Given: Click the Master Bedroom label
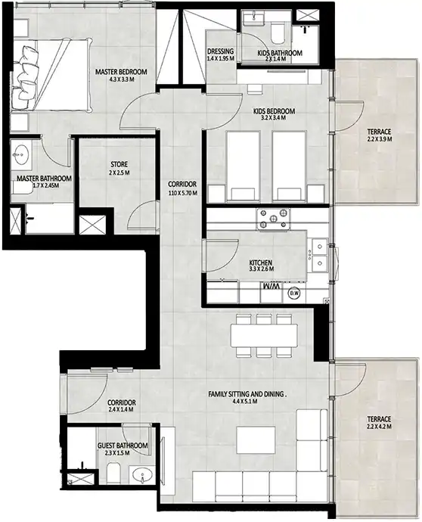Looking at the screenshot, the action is point(121,72).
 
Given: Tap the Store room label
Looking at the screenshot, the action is point(119,164).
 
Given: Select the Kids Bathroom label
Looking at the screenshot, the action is point(280,53).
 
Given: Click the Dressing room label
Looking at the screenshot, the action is point(220,51).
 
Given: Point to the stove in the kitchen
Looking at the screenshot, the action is point(273,219).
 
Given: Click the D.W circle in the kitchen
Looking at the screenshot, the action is point(294,293).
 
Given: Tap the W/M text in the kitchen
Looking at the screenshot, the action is point(272,286).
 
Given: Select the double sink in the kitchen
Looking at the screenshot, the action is point(319,255).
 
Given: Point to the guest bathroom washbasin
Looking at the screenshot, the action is point(141,475).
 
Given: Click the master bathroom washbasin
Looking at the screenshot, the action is point(20,154).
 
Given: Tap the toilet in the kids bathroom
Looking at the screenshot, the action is point(278,33).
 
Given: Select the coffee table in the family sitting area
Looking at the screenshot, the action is point(256,440).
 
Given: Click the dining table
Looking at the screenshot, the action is point(264,336).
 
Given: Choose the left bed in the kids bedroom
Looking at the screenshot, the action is point(243,166).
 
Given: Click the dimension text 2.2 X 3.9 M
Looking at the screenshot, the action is point(379,139).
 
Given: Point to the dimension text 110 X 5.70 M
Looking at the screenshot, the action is point(182,193).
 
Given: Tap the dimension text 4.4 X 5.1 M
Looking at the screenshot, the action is point(245,402).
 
